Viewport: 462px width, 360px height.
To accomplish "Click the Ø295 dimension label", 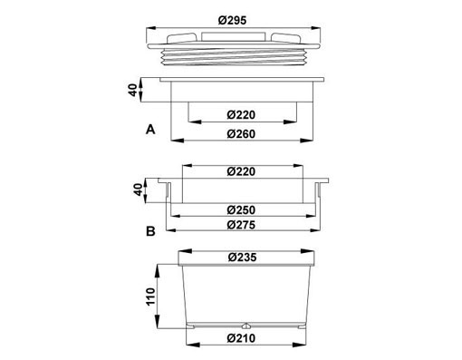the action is tap(232, 20).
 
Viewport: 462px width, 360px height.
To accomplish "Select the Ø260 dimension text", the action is tap(241, 134).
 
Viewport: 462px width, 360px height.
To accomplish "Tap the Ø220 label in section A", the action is tap(241, 115).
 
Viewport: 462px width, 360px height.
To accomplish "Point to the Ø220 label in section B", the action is tap(241, 171).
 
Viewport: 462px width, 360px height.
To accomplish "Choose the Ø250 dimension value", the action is tap(241, 209).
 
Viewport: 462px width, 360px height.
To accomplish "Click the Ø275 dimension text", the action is tap(241, 225).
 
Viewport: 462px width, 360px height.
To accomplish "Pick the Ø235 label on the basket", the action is tap(243, 258).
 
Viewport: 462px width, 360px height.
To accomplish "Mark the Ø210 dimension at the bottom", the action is tap(241, 338).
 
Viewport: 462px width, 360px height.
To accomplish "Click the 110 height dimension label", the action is tap(150, 297).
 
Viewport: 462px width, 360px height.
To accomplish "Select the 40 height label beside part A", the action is tap(133, 90).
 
